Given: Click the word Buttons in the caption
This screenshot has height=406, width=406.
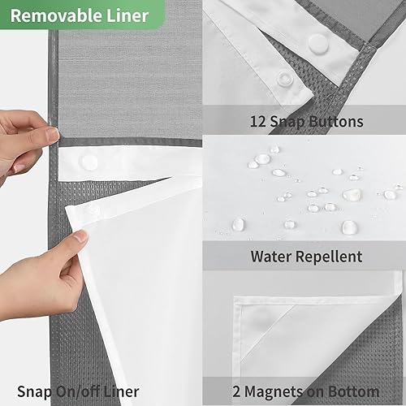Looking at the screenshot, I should pyautogui.click(x=334, y=123).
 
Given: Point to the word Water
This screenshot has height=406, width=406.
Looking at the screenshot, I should pyautogui.click(x=270, y=257).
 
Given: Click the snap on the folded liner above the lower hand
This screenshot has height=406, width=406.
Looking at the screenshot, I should pyautogui.click(x=93, y=209).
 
